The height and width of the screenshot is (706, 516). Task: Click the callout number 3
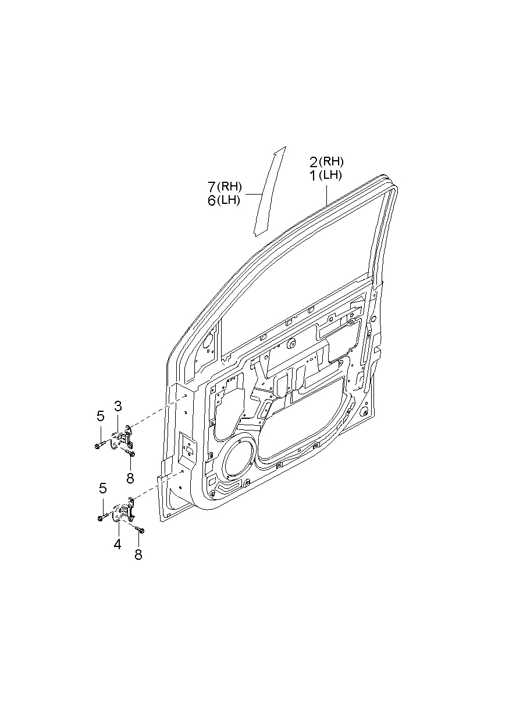[x=118, y=406]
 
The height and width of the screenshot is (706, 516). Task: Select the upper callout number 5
[x=101, y=416]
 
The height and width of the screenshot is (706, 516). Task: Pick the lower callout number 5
[x=102, y=488]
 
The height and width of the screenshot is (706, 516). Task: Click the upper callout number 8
[x=130, y=478]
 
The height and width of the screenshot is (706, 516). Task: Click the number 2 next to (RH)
[x=314, y=162]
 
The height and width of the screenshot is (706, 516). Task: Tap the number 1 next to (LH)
[x=314, y=175]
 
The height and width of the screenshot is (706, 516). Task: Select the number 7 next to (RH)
[x=212, y=187]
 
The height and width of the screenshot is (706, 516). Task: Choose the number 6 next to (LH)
[x=212, y=201]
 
